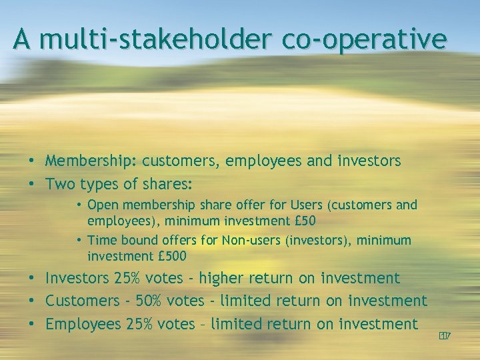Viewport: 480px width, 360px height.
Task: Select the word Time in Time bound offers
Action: click(102, 240)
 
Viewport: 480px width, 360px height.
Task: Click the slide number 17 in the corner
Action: click(445, 336)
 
